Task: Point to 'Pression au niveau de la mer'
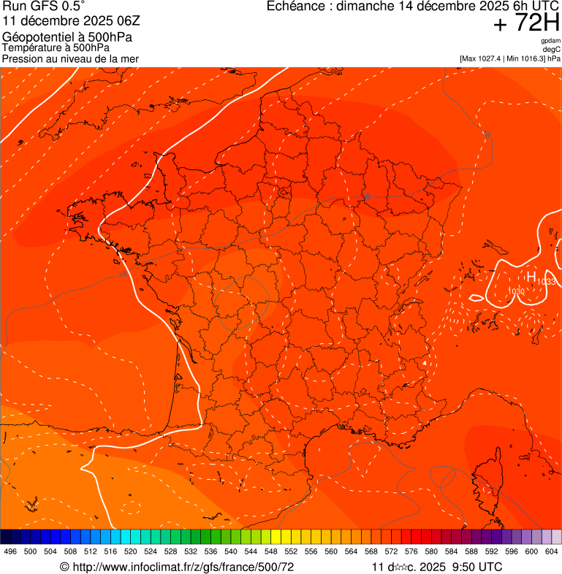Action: tap(70, 58)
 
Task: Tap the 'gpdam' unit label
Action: tap(550, 42)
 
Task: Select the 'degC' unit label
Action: tap(552, 50)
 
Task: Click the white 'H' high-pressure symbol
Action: tap(531, 276)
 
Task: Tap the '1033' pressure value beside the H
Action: tap(547, 282)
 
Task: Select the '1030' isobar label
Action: tap(517, 291)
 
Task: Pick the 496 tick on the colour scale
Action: tap(10, 551)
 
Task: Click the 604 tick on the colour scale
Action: tap(552, 551)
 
